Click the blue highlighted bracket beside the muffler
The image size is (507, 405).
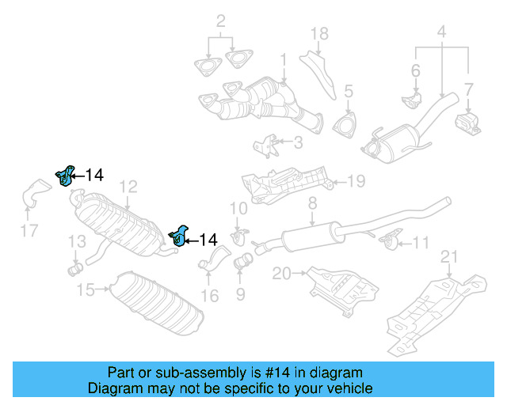[180, 235]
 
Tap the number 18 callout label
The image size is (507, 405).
[318, 33]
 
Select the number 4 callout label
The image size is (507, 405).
[441, 33]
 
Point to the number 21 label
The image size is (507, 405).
[449, 255]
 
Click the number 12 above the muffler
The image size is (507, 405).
[128, 187]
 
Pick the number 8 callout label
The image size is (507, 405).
[312, 203]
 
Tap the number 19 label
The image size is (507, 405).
[356, 181]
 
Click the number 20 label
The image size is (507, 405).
[281, 274]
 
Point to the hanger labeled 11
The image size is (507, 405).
[388, 240]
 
